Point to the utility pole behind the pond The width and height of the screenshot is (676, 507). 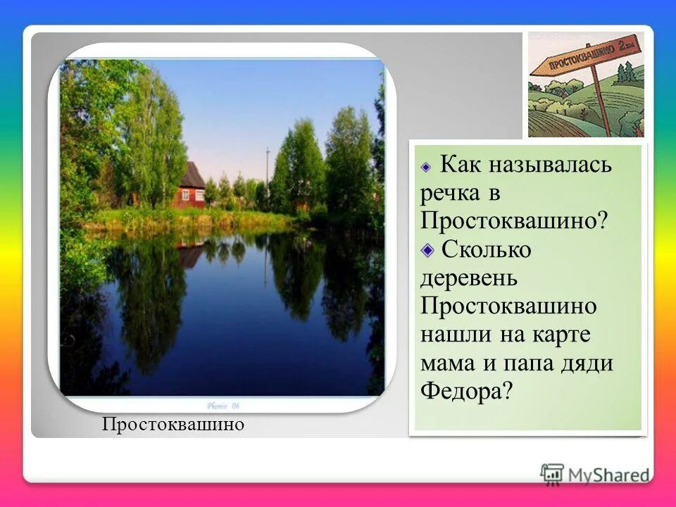[x=268, y=176]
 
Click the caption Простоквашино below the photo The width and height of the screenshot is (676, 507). [x=173, y=425]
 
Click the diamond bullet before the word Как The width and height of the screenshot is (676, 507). [x=425, y=168]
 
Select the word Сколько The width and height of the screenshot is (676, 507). [x=486, y=250]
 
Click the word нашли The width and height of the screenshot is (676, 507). [x=455, y=334]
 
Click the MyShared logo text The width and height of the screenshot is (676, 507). [x=608, y=474]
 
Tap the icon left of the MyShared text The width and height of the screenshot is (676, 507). [x=552, y=474]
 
